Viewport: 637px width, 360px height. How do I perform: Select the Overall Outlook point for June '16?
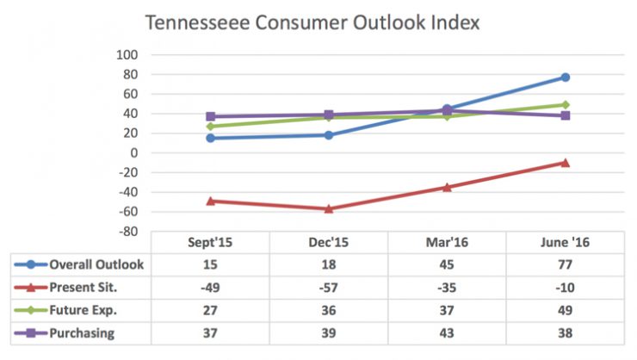click(x=566, y=78)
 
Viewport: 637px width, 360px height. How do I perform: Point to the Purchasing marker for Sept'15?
click(x=211, y=116)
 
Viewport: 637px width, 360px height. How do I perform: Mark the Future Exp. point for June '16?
click(x=566, y=105)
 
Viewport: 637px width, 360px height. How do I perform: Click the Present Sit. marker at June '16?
click(x=566, y=163)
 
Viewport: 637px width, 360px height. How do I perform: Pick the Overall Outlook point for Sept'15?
click(x=211, y=138)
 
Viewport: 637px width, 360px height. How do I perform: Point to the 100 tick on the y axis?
click(x=127, y=54)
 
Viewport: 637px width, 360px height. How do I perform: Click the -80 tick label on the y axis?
click(x=127, y=232)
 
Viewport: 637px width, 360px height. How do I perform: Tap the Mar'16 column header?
click(x=447, y=243)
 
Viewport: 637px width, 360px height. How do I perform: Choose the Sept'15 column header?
click(x=211, y=243)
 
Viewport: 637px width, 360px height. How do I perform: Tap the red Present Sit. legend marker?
click(x=32, y=287)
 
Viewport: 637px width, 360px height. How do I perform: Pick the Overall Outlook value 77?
click(x=566, y=264)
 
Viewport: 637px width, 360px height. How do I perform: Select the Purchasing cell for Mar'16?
click(x=447, y=332)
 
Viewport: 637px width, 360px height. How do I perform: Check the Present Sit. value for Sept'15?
click(x=211, y=287)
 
